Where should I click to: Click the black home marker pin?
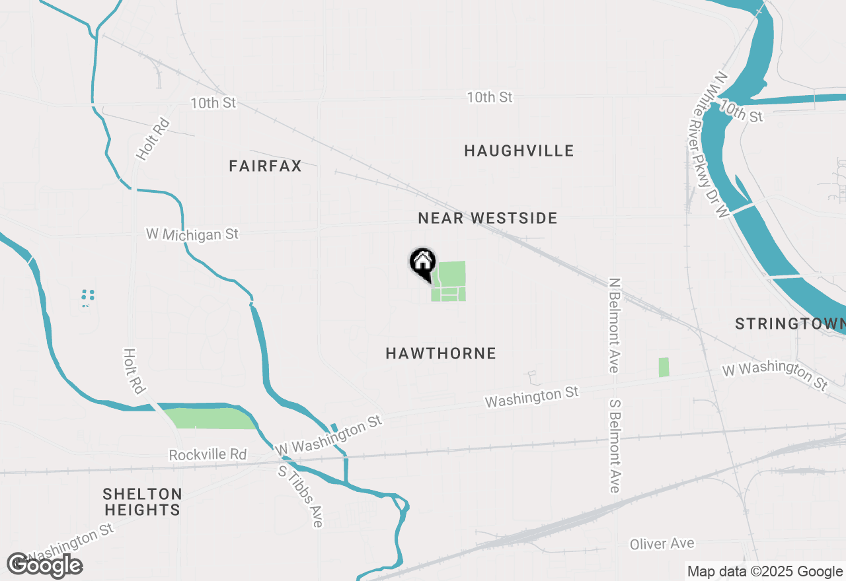coord(422,265)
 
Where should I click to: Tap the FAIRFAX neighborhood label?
coord(265,166)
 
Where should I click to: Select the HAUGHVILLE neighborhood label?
coord(519,151)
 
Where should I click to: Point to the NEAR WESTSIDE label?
coord(488,219)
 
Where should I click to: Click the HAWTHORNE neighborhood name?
coord(441,354)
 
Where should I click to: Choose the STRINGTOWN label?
coord(790,324)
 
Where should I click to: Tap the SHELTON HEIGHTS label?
coord(142,502)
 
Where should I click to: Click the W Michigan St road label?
coord(192,234)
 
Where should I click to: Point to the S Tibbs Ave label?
coord(301,496)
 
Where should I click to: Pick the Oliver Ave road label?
coord(662,544)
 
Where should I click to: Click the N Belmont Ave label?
coord(615,325)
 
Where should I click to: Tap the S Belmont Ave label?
coord(615,446)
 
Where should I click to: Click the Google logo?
coord(44,565)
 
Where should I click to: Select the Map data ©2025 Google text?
coord(765,572)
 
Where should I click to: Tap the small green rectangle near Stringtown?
coord(664,367)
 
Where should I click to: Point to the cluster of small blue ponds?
coord(87,297)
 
